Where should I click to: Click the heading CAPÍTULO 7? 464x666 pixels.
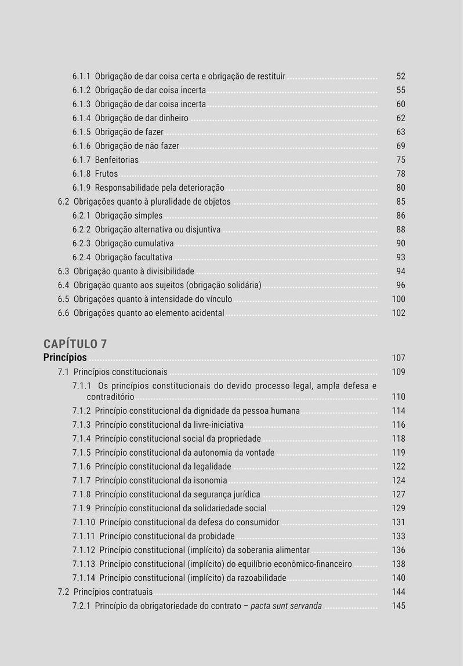tap(75, 344)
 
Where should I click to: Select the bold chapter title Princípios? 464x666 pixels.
tap(65, 358)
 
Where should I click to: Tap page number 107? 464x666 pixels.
tap(398, 358)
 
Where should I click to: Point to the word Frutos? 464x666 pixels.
tap(106, 174)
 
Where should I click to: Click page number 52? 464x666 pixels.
tap(401, 77)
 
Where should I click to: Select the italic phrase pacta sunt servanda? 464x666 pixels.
tap(286, 606)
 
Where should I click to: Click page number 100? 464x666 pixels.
tap(398, 300)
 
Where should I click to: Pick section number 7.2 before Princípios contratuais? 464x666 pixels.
tap(64, 592)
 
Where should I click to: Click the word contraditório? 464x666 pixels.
tap(110, 397)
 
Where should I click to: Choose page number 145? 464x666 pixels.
tap(398, 606)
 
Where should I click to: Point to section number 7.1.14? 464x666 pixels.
tap(84, 578)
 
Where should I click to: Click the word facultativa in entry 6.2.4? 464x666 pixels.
tap(153, 257)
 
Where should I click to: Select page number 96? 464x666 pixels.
tap(401, 285)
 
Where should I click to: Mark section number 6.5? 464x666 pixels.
tap(64, 300)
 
